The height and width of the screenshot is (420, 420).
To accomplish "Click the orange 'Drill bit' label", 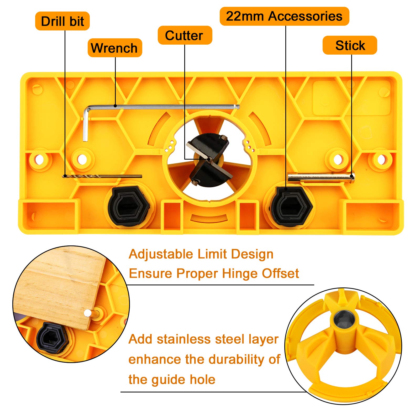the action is click(x=62, y=21).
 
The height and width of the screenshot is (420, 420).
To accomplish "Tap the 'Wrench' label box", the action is click(x=115, y=48).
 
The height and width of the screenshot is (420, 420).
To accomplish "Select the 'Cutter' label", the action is click(x=185, y=35).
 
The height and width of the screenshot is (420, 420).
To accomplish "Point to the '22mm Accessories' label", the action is click(x=284, y=16).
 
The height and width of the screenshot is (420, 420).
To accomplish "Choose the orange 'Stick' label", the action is click(x=350, y=45).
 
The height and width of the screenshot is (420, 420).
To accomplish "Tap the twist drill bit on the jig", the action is click(x=102, y=176).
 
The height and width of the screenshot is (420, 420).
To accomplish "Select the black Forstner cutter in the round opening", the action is click(x=208, y=160).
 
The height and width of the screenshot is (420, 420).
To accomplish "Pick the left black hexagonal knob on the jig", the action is click(x=129, y=206).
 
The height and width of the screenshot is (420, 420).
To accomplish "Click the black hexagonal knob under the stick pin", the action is click(x=291, y=206).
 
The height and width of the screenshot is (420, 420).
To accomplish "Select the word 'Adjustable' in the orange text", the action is click(x=161, y=254).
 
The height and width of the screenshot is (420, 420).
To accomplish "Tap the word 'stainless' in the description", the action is click(x=184, y=339).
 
